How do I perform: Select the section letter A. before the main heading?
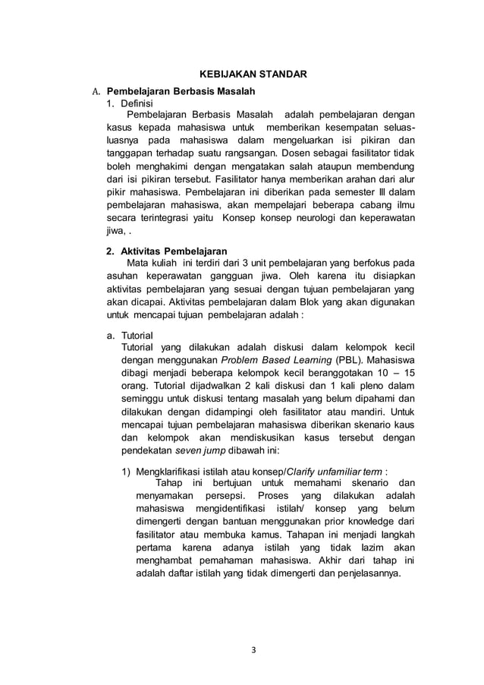pyautogui.click(x=96, y=92)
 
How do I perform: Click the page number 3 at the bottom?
pyautogui.click(x=252, y=649)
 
